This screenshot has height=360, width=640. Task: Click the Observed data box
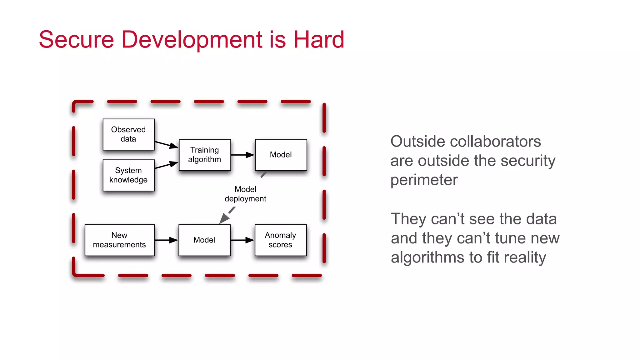point(128,134)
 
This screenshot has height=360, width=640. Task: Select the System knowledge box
point(128,175)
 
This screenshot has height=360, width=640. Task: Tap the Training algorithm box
point(205,155)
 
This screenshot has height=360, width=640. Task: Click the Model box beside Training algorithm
point(281,155)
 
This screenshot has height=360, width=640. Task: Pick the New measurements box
point(119,240)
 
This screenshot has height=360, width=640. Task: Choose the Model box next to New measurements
point(204,240)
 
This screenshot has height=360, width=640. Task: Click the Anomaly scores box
point(281,240)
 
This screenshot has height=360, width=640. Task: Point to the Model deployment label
point(245,194)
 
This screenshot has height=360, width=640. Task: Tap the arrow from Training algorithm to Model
point(243,155)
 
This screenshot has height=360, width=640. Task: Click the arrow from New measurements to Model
point(167,240)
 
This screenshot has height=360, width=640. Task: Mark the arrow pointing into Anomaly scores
point(242,240)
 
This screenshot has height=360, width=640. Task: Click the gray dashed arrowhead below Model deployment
point(224,218)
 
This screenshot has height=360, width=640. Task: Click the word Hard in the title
point(319,40)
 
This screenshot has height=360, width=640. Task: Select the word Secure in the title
point(77,40)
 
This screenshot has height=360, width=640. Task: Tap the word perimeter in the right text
point(424,180)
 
